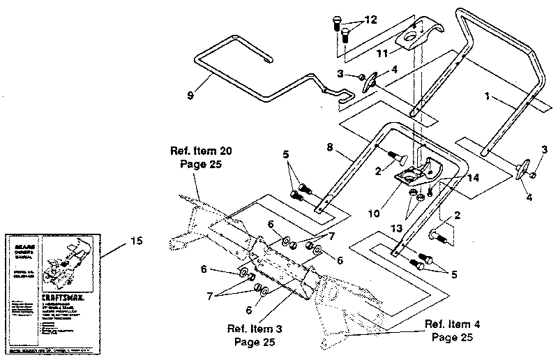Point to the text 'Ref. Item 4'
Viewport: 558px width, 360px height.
point(455,324)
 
